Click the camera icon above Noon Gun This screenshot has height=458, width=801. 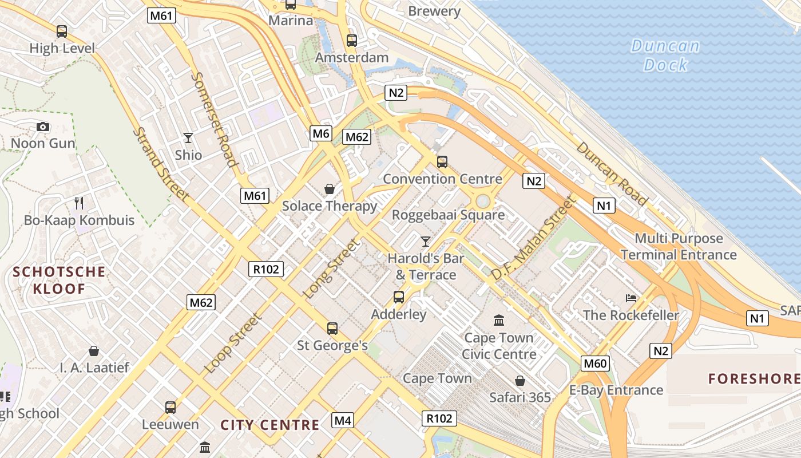click(43, 127)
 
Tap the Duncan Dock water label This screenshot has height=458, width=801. click(665, 55)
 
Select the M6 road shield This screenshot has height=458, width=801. click(321, 134)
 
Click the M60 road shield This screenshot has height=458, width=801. click(595, 364)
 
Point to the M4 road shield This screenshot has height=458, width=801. click(343, 421)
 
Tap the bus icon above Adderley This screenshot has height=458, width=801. click(399, 297)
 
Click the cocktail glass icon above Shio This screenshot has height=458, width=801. click(188, 138)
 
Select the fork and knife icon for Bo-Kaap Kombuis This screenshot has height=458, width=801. click(79, 203)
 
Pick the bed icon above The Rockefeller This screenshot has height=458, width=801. click(631, 298)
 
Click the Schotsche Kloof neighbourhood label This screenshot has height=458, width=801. click(59, 280)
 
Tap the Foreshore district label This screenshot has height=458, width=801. click(754, 378)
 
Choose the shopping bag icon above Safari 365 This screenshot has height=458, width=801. click(520, 381)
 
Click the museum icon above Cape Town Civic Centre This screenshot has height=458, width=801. click(499, 320)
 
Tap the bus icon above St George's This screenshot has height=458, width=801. click(332, 329)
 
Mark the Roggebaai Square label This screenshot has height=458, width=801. click(448, 215)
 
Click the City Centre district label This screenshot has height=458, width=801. click(270, 425)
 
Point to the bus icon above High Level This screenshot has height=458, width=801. click(62, 31)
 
